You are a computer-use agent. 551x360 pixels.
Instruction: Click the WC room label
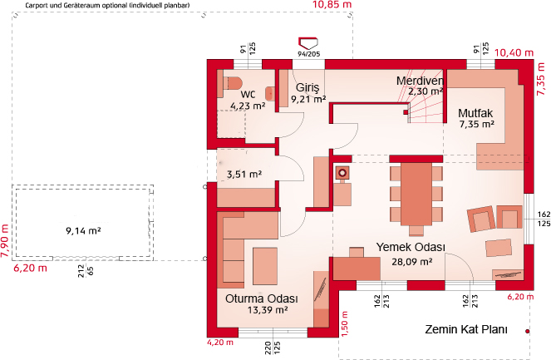click(x=248, y=94)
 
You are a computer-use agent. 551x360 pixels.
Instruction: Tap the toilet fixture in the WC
click(x=233, y=83)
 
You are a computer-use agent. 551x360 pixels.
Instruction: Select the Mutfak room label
click(x=475, y=113)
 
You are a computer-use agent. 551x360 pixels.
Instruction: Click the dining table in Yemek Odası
click(x=416, y=194)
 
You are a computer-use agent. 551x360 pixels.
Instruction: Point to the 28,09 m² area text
click(x=412, y=262)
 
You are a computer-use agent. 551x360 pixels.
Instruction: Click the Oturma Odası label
click(x=262, y=298)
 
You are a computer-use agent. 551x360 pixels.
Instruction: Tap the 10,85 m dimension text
click(x=332, y=4)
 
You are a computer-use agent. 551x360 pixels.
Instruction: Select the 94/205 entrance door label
click(x=309, y=54)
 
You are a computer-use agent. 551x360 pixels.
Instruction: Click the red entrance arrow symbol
click(x=308, y=43)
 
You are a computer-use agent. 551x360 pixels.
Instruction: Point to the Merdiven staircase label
click(x=420, y=81)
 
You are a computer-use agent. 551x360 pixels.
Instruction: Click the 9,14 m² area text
click(x=83, y=231)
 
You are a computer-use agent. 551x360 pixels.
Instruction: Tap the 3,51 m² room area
click(x=244, y=174)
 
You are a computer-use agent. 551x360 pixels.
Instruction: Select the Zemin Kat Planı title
click(x=466, y=329)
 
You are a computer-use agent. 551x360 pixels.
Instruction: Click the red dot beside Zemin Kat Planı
click(x=527, y=331)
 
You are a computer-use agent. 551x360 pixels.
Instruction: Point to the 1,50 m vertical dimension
click(x=344, y=323)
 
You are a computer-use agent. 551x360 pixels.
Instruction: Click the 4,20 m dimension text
click(x=220, y=343)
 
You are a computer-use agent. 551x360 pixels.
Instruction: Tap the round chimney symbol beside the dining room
click(x=342, y=173)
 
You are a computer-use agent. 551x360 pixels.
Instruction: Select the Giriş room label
click(x=307, y=87)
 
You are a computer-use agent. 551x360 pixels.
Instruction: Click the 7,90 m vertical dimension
click(x=5, y=241)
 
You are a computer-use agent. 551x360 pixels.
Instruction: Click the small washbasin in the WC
click(x=270, y=94)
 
